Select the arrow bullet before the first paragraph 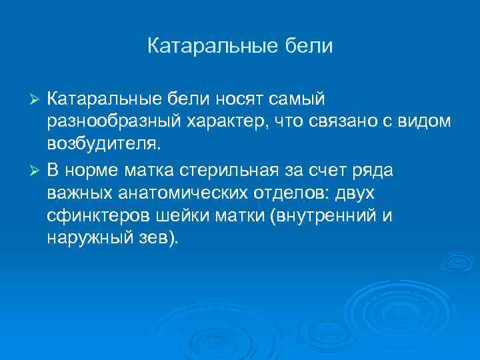pyautogui.click(x=37, y=100)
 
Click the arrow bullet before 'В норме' pyautogui.click(x=37, y=170)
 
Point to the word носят pyautogui.click(x=241, y=99)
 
